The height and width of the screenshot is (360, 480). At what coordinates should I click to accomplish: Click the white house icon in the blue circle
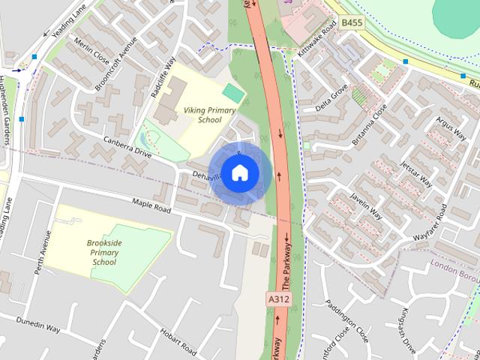point(239,173)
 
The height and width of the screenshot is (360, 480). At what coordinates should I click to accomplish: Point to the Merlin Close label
point(92,51)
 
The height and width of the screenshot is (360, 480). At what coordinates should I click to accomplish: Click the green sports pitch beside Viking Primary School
point(234,94)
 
